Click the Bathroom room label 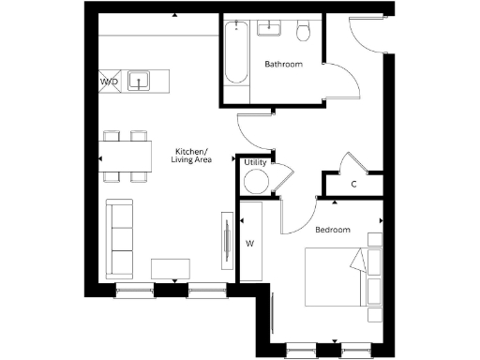282,65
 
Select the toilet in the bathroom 303,33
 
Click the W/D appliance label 109,82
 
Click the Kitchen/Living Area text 193,156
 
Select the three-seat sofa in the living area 119,237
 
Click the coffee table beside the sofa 171,269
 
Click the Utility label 254,163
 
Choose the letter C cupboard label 352,184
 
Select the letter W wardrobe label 249,244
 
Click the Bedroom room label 332,230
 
